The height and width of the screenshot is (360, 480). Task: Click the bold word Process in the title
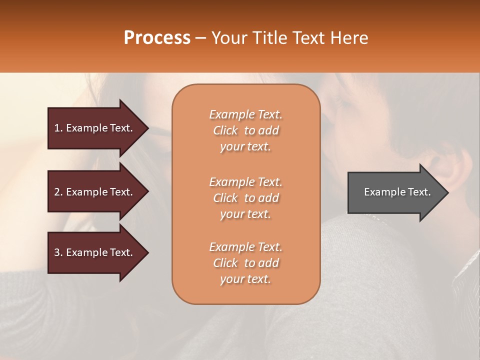tap(157, 38)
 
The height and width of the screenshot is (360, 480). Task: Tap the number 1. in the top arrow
tap(58, 128)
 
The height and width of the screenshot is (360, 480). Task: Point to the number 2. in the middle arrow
tap(58, 192)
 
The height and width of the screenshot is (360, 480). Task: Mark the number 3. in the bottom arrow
tap(58, 252)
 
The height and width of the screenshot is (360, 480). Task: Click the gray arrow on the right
tap(395, 192)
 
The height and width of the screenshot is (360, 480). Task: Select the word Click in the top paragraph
tap(225, 130)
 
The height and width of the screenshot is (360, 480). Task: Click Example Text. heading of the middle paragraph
tap(245, 181)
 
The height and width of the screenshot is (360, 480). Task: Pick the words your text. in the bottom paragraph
tap(245, 279)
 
